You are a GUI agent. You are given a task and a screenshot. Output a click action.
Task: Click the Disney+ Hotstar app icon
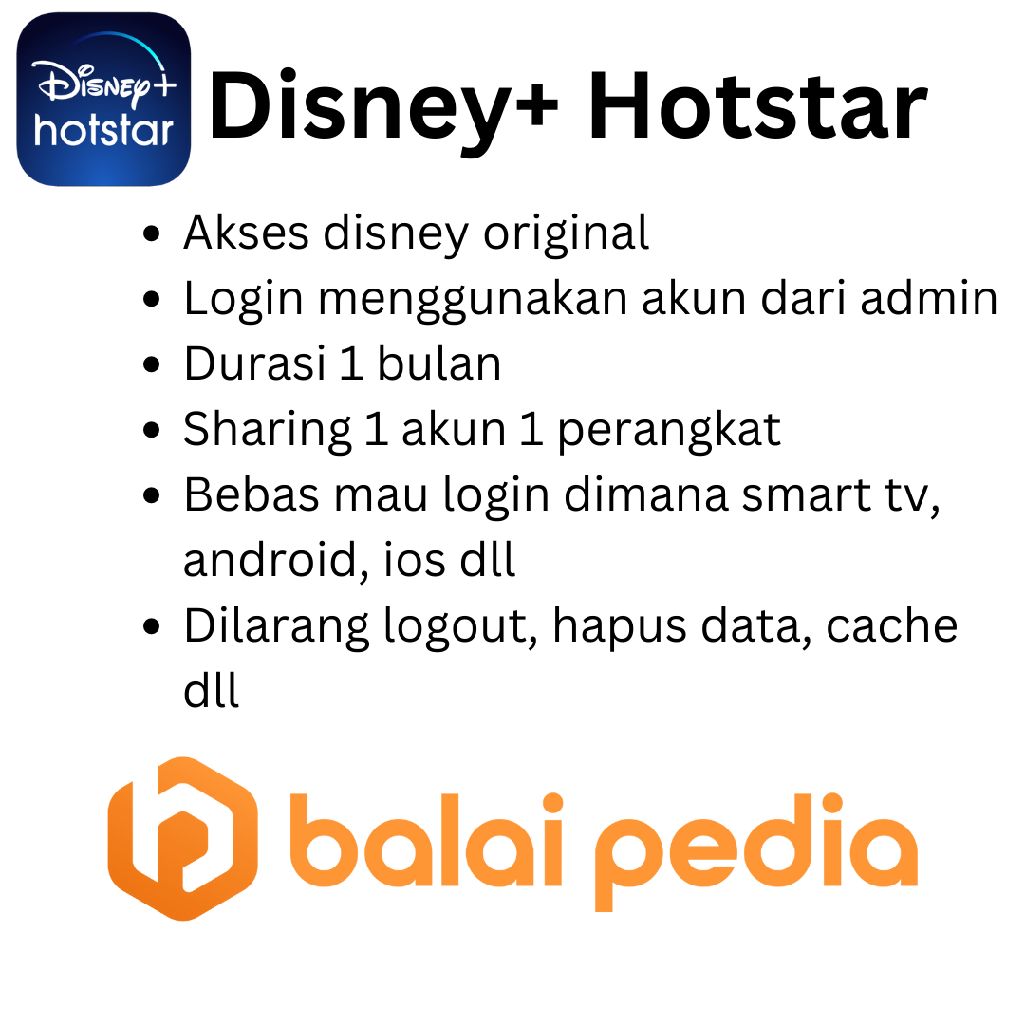103,99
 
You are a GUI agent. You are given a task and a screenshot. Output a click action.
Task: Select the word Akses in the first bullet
246,233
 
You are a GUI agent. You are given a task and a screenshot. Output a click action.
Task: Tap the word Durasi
254,364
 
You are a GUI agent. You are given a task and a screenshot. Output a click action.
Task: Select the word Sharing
267,430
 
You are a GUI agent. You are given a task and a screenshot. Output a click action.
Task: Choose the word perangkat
668,430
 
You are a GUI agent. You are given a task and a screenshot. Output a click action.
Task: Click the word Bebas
247,495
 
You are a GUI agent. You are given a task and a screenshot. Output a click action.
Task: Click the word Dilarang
276,626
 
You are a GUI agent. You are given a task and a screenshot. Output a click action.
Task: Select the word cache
891,626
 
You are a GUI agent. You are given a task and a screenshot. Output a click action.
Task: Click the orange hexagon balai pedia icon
182,839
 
